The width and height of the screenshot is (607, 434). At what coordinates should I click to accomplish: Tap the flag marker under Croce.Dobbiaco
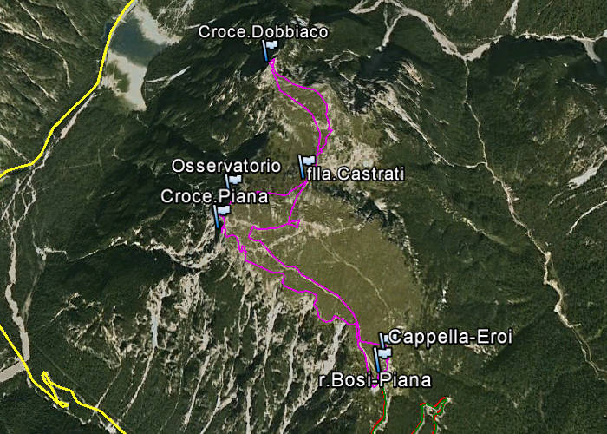tap(270, 48)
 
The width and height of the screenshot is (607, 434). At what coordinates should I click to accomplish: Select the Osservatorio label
tap(225, 165)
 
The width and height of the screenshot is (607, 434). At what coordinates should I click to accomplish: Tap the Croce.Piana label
tap(213, 196)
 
